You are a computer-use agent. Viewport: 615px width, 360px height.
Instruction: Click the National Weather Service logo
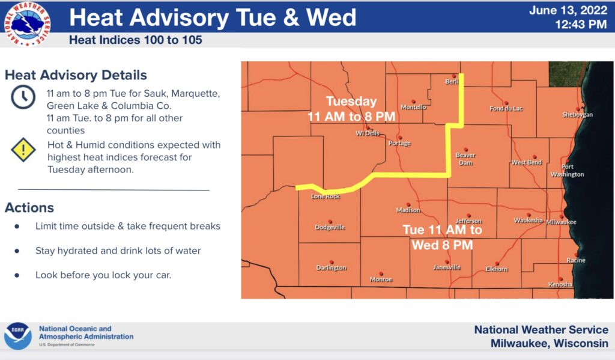26,24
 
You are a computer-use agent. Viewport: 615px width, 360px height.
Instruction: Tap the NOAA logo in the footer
17,336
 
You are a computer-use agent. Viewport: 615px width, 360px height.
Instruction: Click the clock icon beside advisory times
23,97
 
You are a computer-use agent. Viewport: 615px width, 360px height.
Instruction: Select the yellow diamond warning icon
23,150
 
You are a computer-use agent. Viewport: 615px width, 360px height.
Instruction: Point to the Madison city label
408,210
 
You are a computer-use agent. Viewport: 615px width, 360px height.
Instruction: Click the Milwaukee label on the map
561,222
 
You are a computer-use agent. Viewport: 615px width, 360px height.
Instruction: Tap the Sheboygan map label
577,115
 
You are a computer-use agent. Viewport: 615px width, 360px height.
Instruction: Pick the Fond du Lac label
506,108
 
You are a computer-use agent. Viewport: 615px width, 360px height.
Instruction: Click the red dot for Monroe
381,273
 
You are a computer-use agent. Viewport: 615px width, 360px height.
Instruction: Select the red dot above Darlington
332,262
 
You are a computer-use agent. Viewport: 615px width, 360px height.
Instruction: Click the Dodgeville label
330,227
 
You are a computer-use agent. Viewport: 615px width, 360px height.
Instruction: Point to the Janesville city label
447,267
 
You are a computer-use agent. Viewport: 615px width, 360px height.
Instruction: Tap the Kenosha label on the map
560,284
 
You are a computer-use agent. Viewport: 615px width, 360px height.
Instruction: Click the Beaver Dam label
465,159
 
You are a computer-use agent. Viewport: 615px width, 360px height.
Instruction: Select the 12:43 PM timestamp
581,24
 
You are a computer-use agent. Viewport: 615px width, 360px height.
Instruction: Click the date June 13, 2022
568,10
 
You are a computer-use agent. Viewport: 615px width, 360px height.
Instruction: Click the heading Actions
29,208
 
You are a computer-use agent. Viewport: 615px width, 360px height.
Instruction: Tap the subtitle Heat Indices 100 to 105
135,40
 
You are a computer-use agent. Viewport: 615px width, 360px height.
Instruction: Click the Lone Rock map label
326,197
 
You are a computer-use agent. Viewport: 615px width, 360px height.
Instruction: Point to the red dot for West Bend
534,157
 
